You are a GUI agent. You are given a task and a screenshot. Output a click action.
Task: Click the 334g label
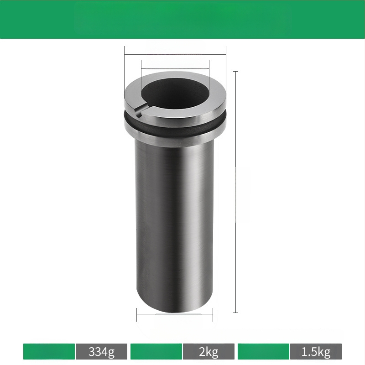(101, 351)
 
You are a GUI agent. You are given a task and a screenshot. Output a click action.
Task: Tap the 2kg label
(209, 351)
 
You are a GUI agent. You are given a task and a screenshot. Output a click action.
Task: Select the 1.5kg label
(316, 351)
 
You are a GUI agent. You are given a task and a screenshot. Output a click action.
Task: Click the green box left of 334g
(49, 351)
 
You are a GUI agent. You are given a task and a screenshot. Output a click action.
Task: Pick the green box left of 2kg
(156, 351)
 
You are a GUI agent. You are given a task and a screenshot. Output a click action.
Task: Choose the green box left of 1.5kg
(263, 351)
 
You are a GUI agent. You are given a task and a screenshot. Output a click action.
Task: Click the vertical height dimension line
(236, 192)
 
